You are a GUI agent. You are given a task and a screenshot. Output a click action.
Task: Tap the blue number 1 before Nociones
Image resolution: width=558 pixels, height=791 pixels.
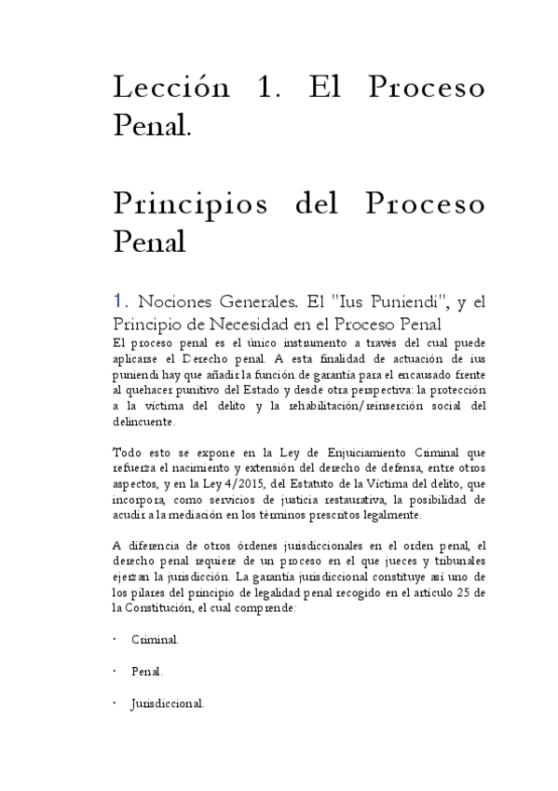point(117,301)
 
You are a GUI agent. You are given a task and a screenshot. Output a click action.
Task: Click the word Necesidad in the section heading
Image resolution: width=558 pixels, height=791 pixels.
point(263,324)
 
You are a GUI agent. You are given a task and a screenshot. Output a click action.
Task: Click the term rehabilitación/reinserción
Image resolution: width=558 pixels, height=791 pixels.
point(342,405)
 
